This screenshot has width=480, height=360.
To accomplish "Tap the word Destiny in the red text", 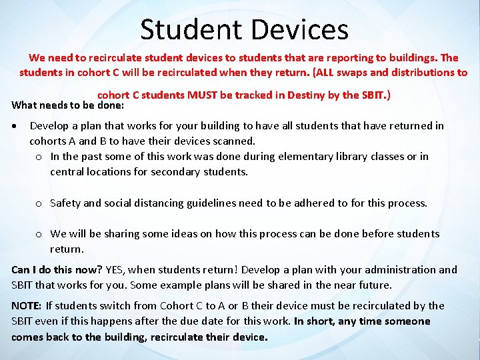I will tap(307, 95).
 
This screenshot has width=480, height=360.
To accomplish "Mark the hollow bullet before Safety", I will tap(39, 203).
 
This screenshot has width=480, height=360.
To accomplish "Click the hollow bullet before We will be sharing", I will tap(39, 234).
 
